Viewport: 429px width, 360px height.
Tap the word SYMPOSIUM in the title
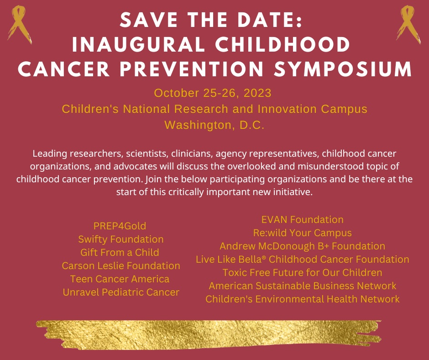[x=343, y=69]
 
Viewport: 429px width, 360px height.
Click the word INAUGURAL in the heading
[x=139, y=44]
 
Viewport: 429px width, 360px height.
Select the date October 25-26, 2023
[x=213, y=93]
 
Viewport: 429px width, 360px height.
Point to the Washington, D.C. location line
[x=214, y=125]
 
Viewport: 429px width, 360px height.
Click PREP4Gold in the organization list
[x=120, y=226]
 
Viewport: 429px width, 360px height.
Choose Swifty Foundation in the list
[x=121, y=239]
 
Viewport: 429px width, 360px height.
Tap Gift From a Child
[x=120, y=252]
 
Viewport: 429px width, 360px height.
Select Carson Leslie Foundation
[x=121, y=266]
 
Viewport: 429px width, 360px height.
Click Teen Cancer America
[x=120, y=279]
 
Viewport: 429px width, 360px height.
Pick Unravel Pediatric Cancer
[x=121, y=292]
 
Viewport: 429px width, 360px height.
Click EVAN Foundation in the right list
[x=302, y=219]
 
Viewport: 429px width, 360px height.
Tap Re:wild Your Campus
[x=302, y=233]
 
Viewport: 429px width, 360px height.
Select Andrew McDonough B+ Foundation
[x=302, y=246]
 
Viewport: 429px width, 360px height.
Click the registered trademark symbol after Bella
[x=264, y=258]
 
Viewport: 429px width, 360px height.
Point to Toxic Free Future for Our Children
[x=302, y=273]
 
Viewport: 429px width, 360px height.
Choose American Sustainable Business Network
[x=302, y=286]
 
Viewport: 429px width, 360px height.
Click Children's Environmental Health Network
[x=302, y=299]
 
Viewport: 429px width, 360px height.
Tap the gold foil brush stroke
[x=209, y=335]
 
